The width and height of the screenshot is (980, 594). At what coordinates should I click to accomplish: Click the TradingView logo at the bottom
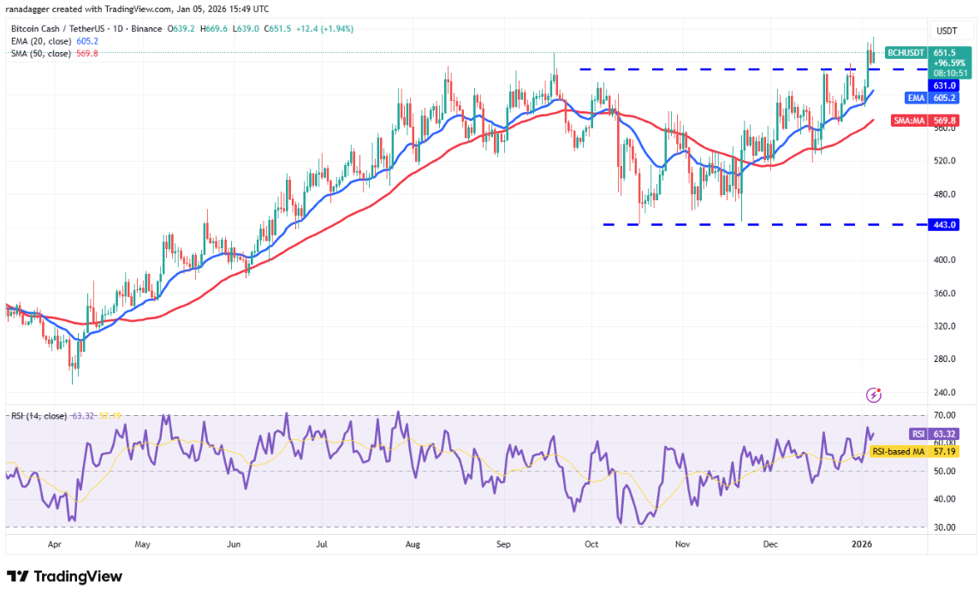(64, 576)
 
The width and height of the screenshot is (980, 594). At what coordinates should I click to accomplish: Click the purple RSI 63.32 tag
(906, 434)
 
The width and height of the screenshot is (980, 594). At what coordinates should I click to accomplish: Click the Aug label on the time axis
(413, 544)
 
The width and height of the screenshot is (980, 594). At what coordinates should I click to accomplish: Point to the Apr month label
(55, 544)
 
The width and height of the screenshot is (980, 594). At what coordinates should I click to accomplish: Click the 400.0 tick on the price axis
(945, 259)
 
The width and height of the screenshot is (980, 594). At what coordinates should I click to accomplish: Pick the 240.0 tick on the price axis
(945, 392)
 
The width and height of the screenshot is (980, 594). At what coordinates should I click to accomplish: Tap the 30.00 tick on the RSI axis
(945, 527)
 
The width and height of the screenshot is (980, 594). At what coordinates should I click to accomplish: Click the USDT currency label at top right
(944, 32)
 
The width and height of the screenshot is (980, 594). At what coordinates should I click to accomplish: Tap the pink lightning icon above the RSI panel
(874, 395)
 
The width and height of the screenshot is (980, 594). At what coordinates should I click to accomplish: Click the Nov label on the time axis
(682, 544)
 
